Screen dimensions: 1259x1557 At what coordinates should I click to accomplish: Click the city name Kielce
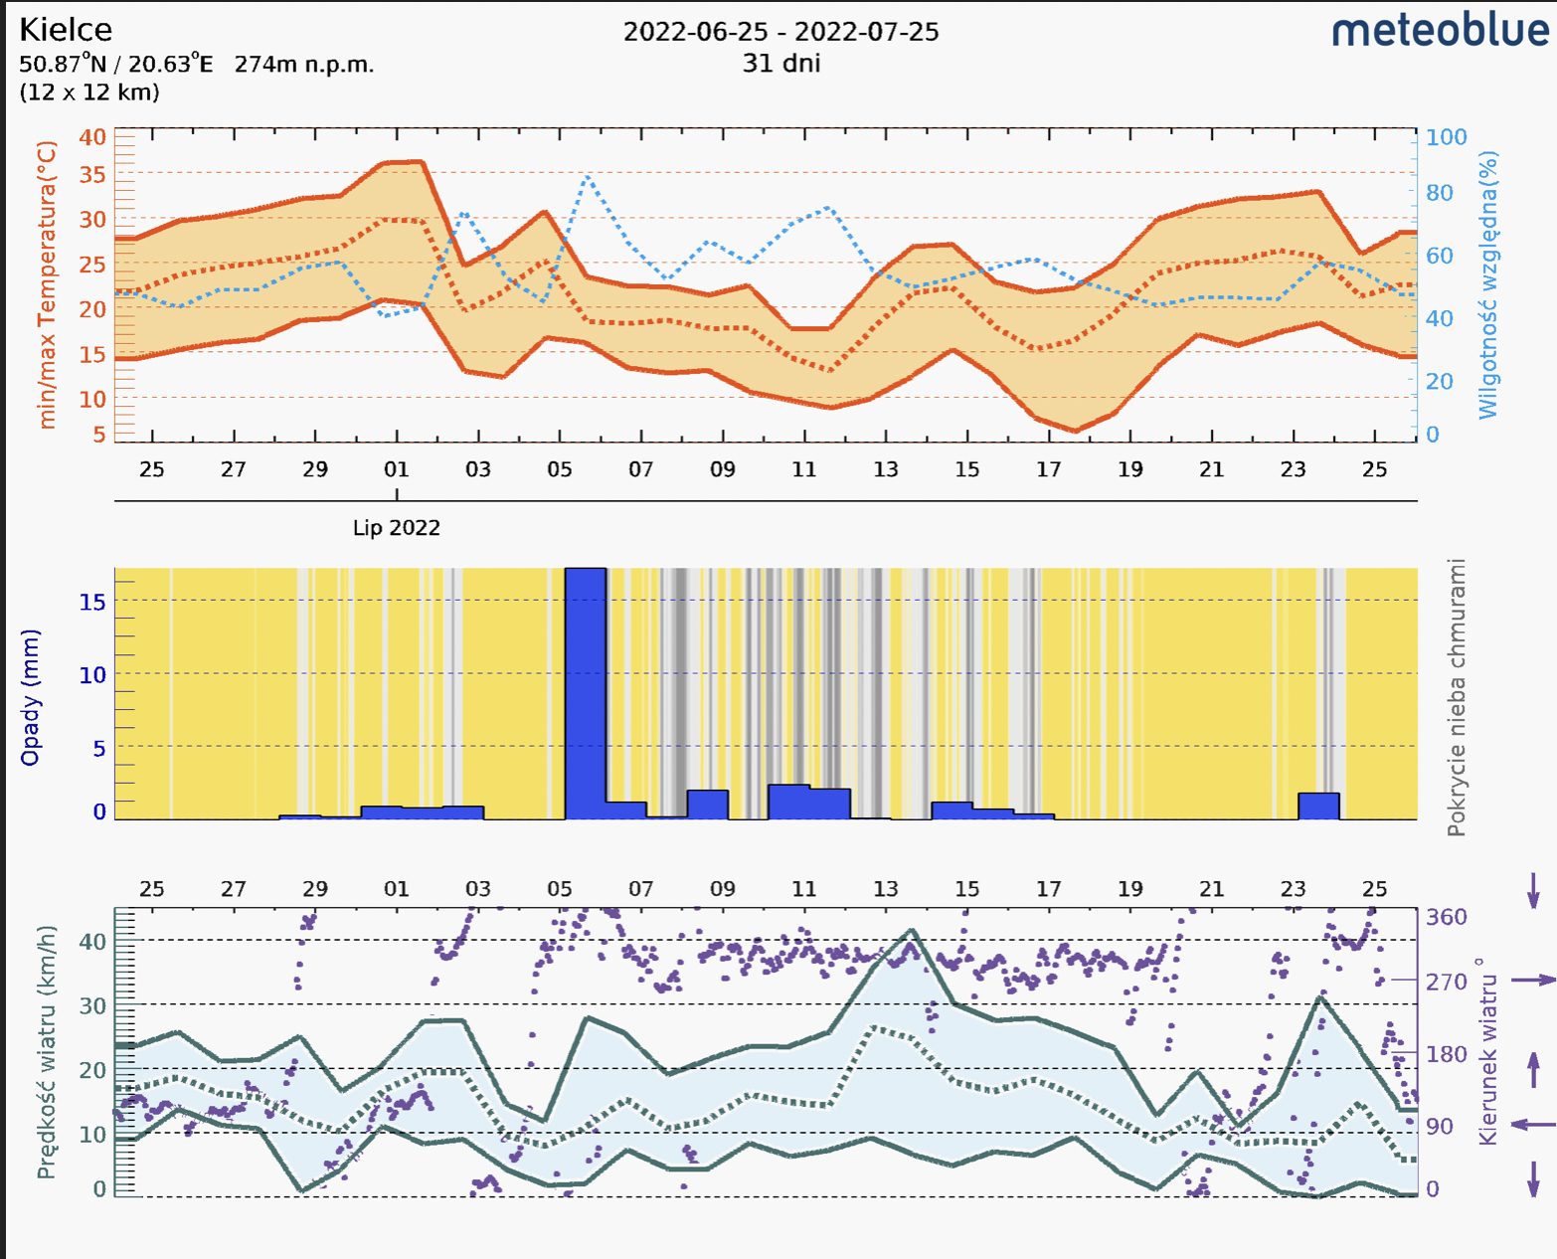[66, 30]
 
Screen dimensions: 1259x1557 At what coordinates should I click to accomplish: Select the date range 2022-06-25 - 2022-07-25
[780, 32]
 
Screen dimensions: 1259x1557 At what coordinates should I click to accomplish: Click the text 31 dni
[780, 64]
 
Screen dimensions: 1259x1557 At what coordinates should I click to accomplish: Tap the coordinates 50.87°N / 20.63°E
[115, 65]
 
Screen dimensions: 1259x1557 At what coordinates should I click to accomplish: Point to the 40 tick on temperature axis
[92, 137]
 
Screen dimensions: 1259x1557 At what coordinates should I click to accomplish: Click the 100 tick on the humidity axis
[1446, 137]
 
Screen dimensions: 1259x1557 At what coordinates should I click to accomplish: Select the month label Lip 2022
[396, 528]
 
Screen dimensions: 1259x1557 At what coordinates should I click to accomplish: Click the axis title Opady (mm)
[31, 697]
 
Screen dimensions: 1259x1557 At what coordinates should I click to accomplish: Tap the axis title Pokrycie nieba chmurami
[1457, 697]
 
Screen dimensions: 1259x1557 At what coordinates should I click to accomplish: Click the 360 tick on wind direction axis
[1446, 917]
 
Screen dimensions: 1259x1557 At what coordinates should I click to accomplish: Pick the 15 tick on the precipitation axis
[92, 602]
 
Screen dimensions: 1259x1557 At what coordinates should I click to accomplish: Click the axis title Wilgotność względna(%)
[1487, 284]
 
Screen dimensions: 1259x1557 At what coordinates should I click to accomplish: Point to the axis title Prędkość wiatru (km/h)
[46, 1052]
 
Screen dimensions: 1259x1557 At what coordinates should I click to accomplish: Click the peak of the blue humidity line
[588, 177]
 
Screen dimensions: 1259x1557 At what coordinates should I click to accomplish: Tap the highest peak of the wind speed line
[912, 931]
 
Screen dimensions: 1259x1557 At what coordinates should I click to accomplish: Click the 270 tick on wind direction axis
[1446, 982]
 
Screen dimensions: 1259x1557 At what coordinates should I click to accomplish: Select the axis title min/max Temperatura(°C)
[47, 284]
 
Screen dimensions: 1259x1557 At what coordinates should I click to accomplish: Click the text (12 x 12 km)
[89, 92]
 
